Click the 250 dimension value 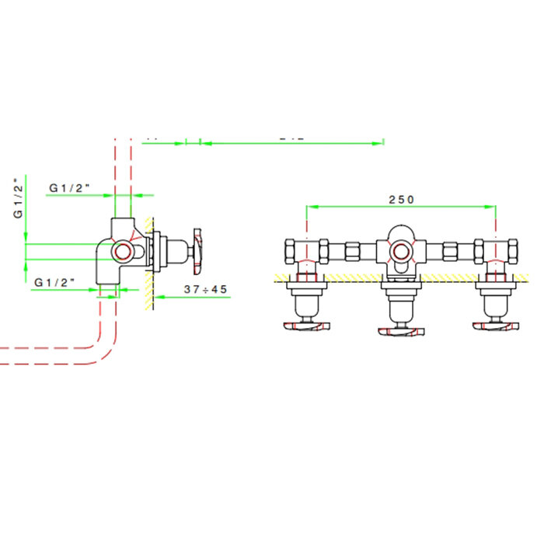[401, 199]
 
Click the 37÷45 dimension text [206, 288]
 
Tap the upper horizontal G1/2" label [71, 187]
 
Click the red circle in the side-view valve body [122, 250]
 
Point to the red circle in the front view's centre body [401, 251]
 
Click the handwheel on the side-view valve [197, 250]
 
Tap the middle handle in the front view [401, 333]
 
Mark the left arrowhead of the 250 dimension [310, 207]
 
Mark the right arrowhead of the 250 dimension [493, 207]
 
